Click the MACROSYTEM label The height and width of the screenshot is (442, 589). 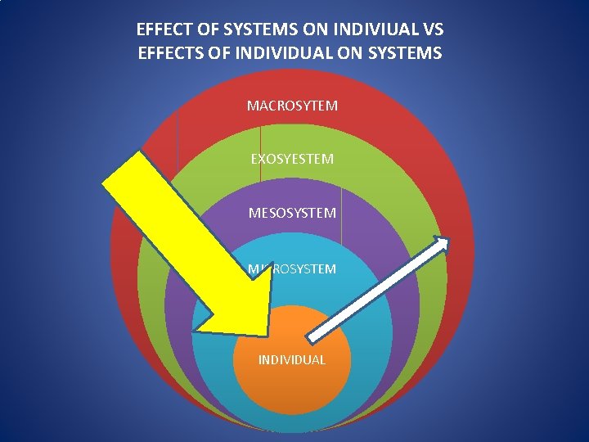click(x=292, y=106)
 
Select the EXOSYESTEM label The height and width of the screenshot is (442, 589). click(x=292, y=159)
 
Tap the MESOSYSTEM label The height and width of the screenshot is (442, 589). click(x=292, y=213)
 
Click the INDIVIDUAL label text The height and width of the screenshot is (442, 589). click(x=291, y=359)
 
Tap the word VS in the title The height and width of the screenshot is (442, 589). click(x=434, y=30)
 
